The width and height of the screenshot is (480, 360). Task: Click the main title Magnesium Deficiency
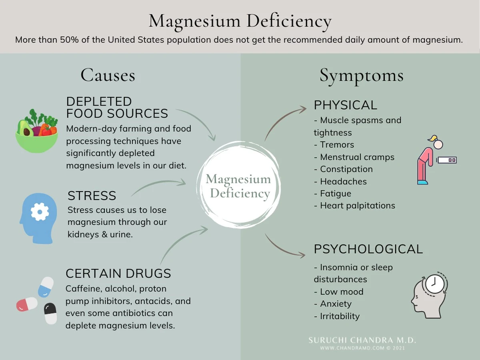[240, 21]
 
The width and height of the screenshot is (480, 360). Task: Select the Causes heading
[108, 75]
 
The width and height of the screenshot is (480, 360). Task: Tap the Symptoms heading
[361, 76]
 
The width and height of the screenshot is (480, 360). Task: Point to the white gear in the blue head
[40, 212]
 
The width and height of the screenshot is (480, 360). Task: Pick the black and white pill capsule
[50, 313]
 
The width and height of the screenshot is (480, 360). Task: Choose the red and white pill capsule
[27, 304]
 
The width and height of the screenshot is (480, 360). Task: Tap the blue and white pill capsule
[46, 287]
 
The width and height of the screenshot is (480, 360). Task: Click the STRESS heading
[92, 196]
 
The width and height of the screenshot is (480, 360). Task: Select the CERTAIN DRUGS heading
[118, 274]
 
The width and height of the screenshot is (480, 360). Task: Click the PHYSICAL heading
[345, 105]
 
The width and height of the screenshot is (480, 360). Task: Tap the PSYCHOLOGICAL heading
[368, 249]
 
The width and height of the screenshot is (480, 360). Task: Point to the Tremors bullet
[337, 145]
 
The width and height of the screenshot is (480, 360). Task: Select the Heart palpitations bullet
[357, 206]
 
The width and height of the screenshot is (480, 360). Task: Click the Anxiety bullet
[336, 304]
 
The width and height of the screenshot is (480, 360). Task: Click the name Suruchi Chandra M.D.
[362, 340]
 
